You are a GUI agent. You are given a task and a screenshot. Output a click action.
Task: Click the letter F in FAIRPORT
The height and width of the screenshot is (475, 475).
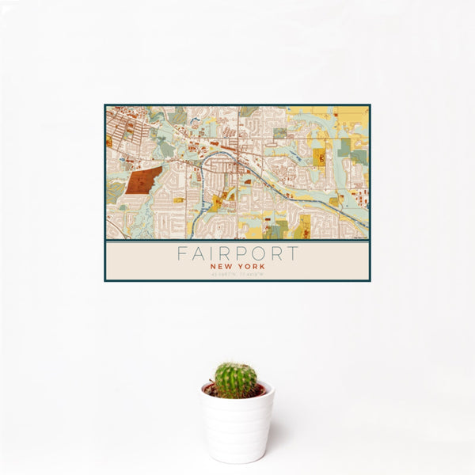coord(181,254)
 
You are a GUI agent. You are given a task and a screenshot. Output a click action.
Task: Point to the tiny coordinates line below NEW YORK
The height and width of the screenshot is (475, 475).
coord(237,275)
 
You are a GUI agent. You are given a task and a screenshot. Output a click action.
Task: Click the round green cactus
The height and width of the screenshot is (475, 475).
coord(236,380)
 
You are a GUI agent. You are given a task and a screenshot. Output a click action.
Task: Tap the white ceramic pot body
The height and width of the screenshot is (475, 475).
coord(237,427)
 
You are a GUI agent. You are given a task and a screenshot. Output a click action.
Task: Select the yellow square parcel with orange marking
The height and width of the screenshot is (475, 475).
coord(321,158)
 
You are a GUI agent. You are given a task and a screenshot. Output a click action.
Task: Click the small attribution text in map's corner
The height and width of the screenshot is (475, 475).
coord(360,237)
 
